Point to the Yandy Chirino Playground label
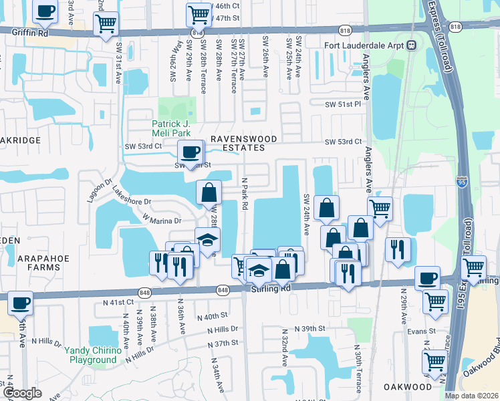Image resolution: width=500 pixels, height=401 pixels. coord(92,355)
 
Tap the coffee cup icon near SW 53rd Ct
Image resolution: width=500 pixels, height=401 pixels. coord(191,152)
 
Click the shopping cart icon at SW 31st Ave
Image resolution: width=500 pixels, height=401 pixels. coord(106,25)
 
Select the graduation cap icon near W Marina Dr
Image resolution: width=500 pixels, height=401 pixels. coord(207,239)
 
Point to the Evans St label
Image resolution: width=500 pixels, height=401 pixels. coord(422,330)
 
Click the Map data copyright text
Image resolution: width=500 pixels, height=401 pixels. coord(471,396)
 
